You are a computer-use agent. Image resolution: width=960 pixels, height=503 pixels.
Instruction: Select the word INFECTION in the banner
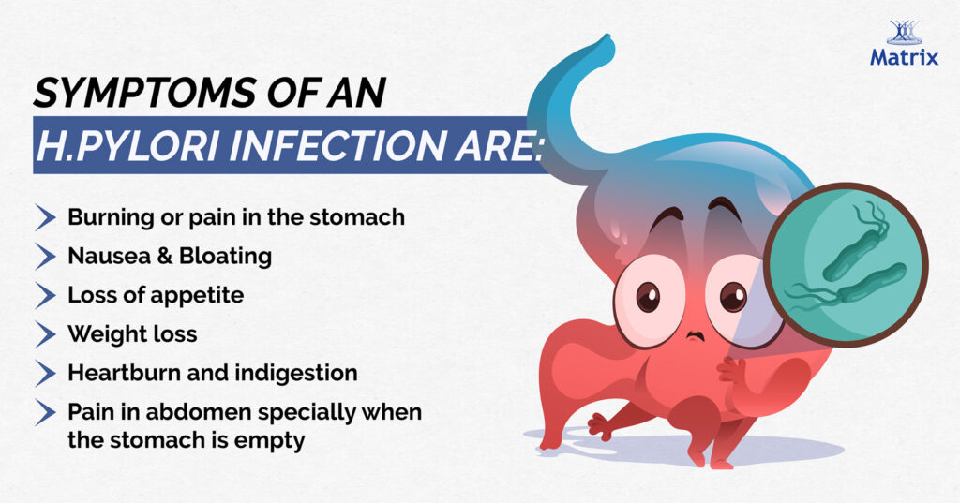click(337, 145)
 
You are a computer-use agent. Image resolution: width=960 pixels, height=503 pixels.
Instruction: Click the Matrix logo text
click(904, 57)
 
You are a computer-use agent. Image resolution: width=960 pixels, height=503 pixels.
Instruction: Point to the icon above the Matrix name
click(904, 32)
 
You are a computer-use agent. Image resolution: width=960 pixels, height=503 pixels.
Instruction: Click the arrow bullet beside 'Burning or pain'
click(45, 217)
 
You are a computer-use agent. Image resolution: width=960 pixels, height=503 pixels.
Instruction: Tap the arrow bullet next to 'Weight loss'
click(45, 334)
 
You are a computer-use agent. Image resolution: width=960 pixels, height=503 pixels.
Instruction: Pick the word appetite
click(202, 296)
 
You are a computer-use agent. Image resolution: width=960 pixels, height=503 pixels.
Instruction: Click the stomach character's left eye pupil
click(648, 297)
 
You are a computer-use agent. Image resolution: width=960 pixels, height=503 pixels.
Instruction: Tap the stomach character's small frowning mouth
click(695, 335)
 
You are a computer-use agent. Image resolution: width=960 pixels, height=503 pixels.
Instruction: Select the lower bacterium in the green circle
click(851, 288)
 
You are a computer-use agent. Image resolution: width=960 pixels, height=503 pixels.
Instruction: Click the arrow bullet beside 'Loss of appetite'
click(45, 296)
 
